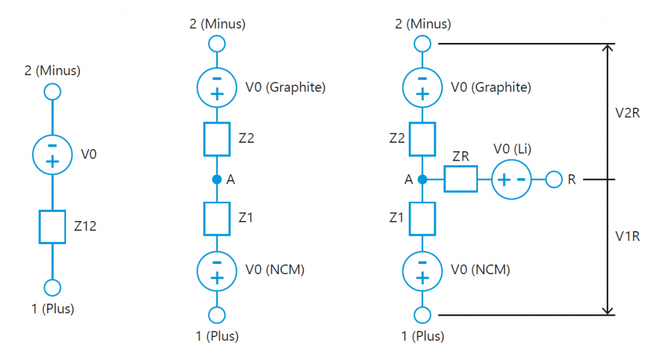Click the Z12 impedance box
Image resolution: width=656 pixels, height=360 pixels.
[x=52, y=227]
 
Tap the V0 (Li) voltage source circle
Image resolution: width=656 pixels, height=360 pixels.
[x=512, y=180]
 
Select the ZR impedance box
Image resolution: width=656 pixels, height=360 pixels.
[x=461, y=180]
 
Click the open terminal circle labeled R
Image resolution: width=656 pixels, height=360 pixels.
[x=553, y=180]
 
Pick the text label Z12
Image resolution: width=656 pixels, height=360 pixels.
[x=85, y=225]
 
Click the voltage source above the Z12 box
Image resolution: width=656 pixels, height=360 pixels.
[x=52, y=154]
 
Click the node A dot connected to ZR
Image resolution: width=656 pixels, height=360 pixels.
[x=422, y=180]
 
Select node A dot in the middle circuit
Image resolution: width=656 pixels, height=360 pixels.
[x=217, y=180]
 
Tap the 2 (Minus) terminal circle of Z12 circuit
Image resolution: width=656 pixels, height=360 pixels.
[x=52, y=92]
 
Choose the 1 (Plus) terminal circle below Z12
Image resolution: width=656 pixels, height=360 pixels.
[x=52, y=288]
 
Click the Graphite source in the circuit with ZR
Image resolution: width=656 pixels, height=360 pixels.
[x=422, y=86]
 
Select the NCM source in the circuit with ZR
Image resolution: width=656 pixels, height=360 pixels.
[x=422, y=270]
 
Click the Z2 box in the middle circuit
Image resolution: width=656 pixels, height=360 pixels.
[x=217, y=139]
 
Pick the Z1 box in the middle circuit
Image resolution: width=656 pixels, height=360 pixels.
[x=217, y=218]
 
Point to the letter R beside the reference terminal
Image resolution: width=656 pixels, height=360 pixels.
[x=571, y=180]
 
